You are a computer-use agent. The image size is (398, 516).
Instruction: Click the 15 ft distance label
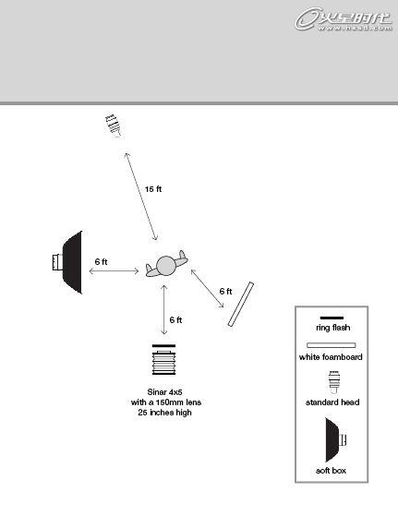pos(153,189)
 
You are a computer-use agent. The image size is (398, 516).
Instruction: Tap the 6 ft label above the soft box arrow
pos(101,261)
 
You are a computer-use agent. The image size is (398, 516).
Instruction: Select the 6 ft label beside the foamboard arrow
pos(226,292)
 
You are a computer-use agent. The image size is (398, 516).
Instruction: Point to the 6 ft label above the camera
pos(175,320)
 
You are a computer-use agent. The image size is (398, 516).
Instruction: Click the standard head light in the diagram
pos(114,126)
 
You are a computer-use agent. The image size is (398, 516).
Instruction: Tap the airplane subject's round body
pos(166,266)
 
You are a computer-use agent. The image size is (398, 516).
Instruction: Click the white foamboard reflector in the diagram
pos(241,304)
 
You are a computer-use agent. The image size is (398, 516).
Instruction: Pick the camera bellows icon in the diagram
pos(164,363)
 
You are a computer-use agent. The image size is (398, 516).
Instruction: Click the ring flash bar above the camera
pos(164,346)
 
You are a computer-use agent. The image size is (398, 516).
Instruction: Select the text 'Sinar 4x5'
pos(164,392)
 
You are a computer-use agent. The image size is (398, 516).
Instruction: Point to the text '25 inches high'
pos(164,413)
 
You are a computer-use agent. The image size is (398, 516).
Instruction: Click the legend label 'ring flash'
pos(332,328)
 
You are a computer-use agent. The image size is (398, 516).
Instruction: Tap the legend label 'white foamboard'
pos(331,357)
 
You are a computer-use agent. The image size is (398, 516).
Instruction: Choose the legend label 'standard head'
pos(332,402)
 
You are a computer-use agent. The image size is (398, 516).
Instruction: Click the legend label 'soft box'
pos(331,471)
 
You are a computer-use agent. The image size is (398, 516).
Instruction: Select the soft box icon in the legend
pos(336,440)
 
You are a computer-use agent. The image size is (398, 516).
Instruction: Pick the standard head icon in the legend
pos(334,383)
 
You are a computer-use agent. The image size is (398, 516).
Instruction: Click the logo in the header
pos(344,19)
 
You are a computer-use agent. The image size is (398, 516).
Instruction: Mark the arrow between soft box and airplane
pos(114,271)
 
